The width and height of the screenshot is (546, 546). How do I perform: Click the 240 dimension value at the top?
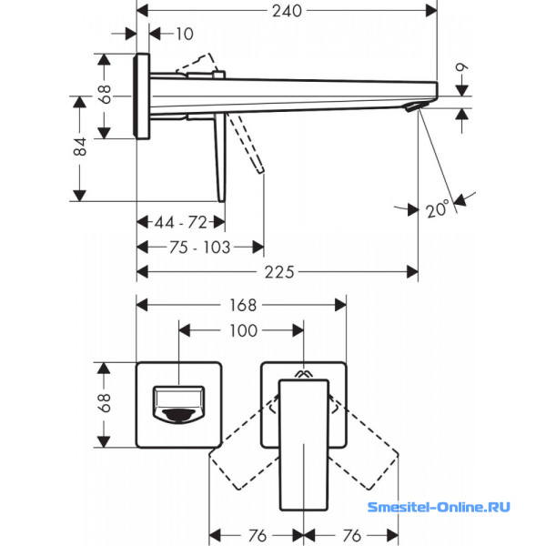pyautogui.click(x=287, y=10)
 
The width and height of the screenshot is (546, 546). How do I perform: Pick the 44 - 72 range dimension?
pyautogui.click(x=179, y=222)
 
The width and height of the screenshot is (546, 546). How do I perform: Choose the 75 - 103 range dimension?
pyautogui.click(x=199, y=247)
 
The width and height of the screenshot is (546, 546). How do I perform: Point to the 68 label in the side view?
pyautogui.click(x=106, y=95)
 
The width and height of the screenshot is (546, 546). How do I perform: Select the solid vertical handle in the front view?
pyautogui.click(x=301, y=437)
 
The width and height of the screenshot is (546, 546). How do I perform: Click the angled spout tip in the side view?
pyautogui.click(x=413, y=108)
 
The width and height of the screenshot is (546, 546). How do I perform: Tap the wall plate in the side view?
pyautogui.click(x=141, y=96)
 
